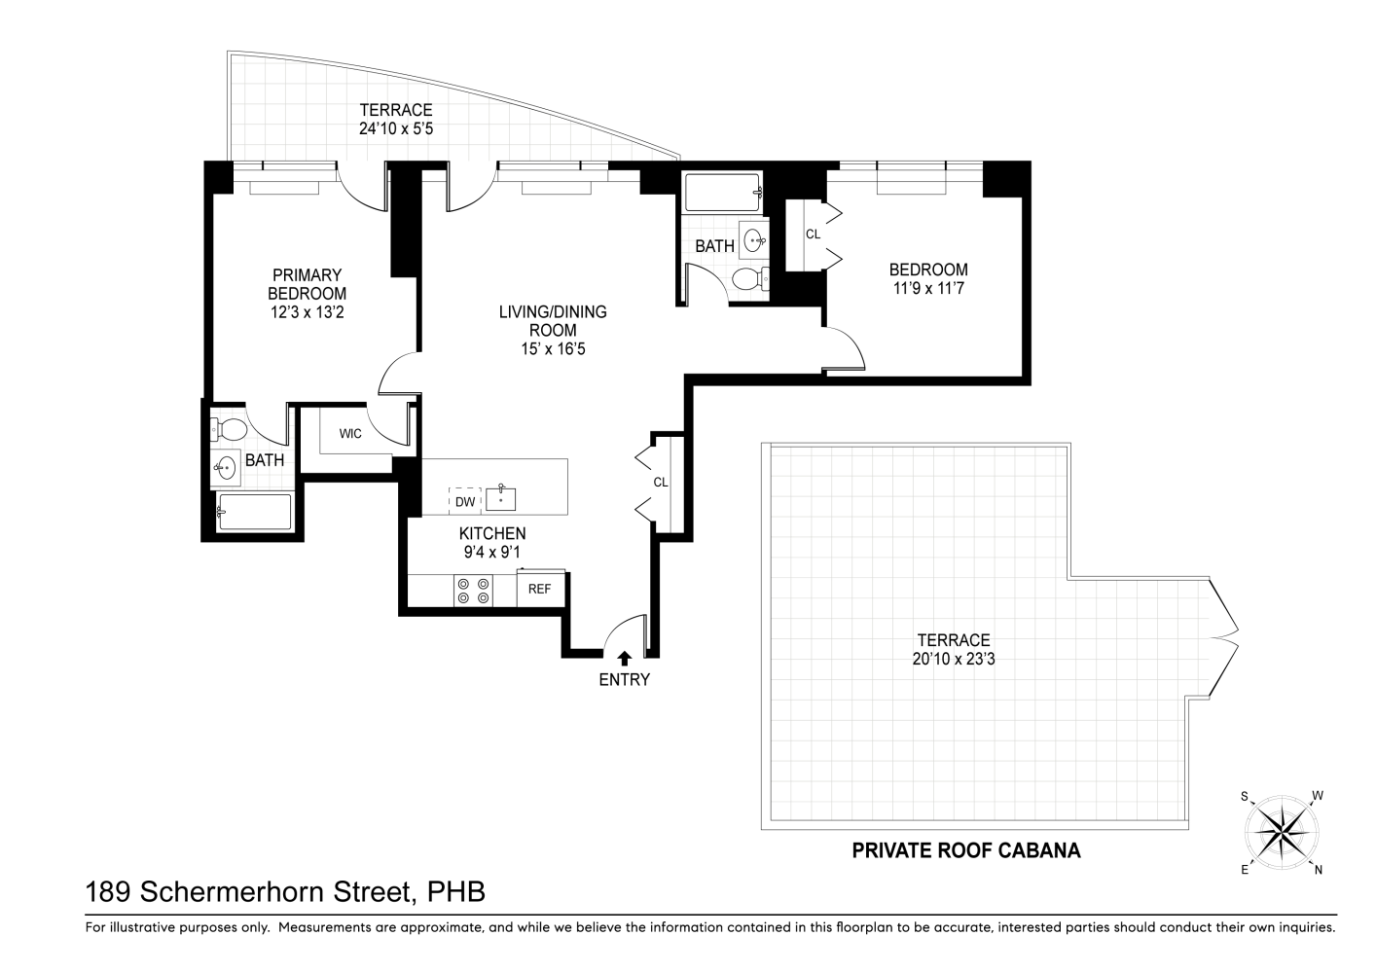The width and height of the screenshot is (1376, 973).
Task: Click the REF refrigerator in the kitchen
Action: [x=540, y=588]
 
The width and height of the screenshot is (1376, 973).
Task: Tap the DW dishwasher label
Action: [x=465, y=502]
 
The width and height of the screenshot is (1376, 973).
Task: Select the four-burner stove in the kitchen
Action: [x=474, y=591]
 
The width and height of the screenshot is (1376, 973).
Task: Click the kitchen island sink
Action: [x=500, y=499]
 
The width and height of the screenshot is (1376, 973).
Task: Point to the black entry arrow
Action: [x=624, y=659]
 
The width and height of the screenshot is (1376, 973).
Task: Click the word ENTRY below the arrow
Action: [x=624, y=679]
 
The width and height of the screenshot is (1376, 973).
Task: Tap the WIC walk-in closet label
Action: [x=350, y=434]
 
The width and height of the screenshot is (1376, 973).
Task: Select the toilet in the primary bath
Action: [x=229, y=429]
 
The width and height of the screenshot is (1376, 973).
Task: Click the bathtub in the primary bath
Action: [x=254, y=512]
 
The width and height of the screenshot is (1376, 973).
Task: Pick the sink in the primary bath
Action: [x=225, y=467]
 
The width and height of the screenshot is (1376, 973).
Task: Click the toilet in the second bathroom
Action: [x=750, y=280]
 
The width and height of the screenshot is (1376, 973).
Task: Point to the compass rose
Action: [x=1282, y=832]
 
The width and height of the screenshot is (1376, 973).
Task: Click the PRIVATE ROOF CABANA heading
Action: [x=965, y=850]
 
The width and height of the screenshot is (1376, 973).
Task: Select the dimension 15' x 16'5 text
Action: [x=553, y=349]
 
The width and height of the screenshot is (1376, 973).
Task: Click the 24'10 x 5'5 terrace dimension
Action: [x=396, y=128]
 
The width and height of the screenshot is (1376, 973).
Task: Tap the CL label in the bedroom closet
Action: [x=813, y=234]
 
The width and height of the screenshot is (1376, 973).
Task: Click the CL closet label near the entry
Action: [x=661, y=483]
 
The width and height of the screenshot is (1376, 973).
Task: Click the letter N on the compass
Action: [x=1318, y=870]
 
